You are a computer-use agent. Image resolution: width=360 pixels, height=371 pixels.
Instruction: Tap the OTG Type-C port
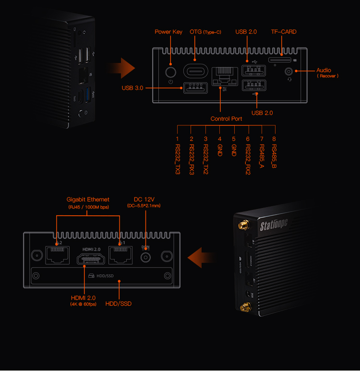pyautogui.click(x=196, y=71)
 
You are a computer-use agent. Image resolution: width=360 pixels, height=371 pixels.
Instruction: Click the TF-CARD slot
pyautogui.click(x=279, y=61)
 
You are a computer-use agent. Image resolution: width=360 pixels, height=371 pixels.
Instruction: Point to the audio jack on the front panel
pyautogui.click(x=289, y=72)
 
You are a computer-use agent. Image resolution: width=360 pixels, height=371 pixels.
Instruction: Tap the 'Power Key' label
pyautogui.click(x=168, y=32)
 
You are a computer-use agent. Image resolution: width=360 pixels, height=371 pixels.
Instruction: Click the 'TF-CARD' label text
pyautogui.click(x=284, y=32)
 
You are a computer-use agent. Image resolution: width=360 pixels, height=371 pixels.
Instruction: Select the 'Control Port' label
pyautogui.click(x=227, y=119)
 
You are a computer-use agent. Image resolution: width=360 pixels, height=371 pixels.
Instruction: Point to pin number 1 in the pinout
pyautogui.click(x=177, y=139)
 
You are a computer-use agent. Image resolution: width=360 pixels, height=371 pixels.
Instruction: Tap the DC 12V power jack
pyautogui.click(x=145, y=257)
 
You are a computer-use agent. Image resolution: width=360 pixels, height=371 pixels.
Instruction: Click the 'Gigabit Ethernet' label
pyautogui.click(x=88, y=199)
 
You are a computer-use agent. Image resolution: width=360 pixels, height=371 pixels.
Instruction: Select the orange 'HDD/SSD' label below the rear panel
pyautogui.click(x=118, y=303)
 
